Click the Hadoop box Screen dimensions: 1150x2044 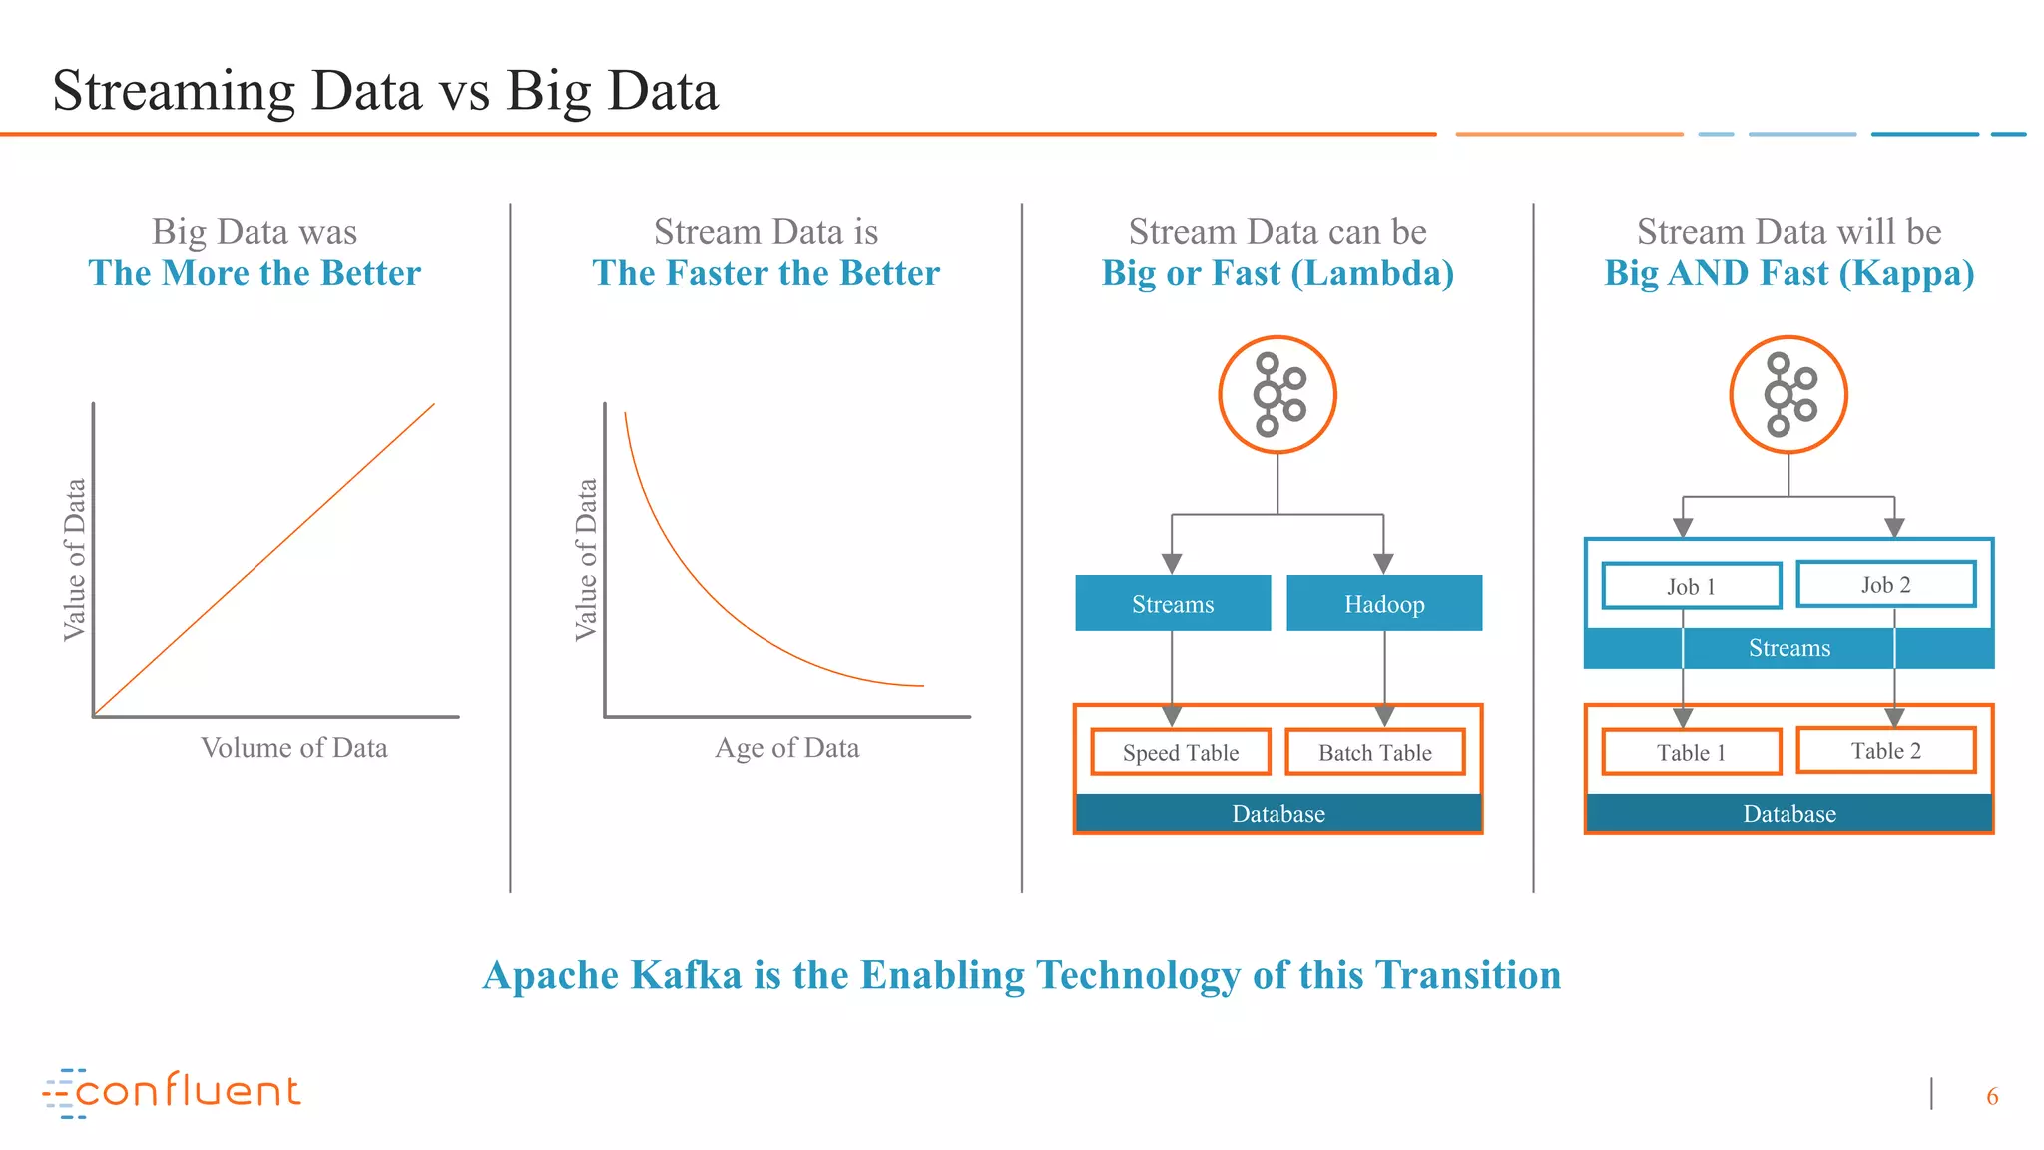click(1383, 603)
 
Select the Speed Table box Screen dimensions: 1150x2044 click(1180, 752)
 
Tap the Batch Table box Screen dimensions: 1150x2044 click(1374, 752)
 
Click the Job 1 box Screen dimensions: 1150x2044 click(1691, 586)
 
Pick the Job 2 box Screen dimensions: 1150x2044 click(1885, 584)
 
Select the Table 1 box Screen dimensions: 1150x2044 click(1691, 752)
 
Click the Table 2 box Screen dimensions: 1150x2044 click(1885, 750)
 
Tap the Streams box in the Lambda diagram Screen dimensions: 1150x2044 click(1173, 603)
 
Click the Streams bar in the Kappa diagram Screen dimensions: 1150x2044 click(1788, 648)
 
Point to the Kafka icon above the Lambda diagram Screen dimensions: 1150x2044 click(1277, 395)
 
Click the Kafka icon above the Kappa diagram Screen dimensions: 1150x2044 click(1788, 395)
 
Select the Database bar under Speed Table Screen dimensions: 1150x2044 click(1277, 813)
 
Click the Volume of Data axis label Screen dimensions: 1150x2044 click(293, 747)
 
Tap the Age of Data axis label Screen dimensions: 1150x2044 click(786, 747)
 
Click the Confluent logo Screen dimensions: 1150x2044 click(172, 1092)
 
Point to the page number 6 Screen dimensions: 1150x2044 click(1991, 1096)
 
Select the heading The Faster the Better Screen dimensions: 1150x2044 click(766, 273)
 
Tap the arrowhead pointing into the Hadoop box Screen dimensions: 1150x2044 click(1383, 564)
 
